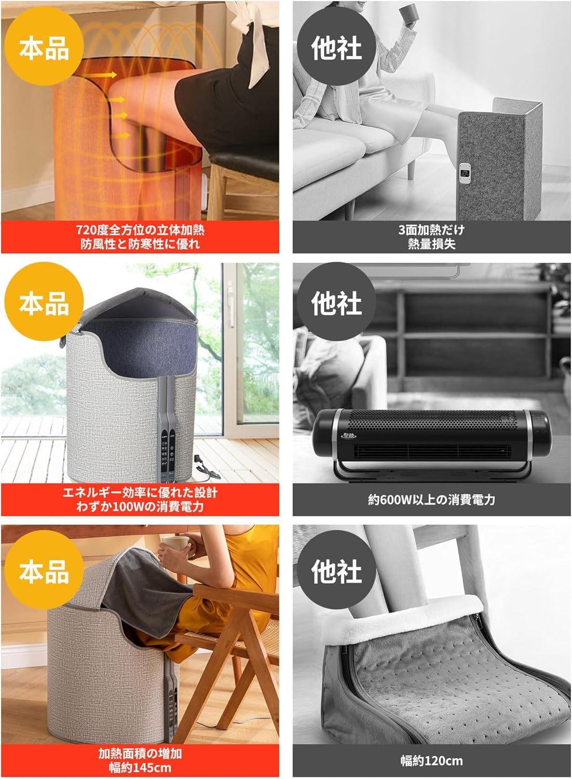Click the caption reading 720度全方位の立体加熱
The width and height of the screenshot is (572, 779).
140,230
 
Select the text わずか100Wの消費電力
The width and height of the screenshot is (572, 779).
140,506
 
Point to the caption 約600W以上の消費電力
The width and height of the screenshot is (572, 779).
431,500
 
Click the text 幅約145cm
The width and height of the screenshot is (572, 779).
140,767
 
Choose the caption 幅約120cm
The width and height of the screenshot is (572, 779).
431,761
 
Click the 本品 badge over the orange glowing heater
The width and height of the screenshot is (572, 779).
44,48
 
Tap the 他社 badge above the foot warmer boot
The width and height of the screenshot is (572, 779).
336,571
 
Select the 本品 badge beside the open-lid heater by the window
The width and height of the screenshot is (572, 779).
44,302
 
